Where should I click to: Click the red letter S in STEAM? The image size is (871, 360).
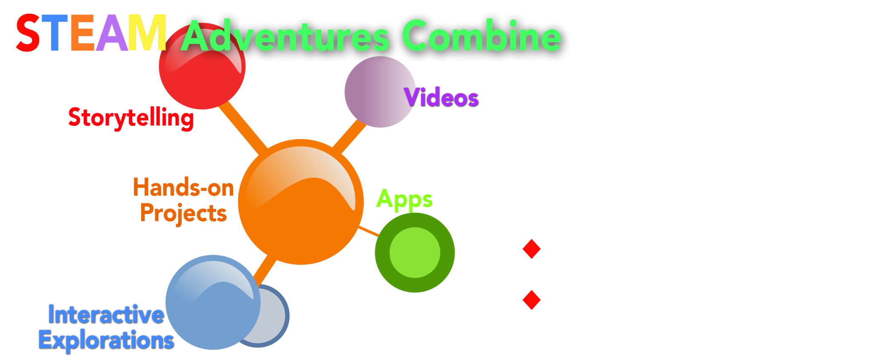point(28,33)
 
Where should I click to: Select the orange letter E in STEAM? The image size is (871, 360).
point(83,33)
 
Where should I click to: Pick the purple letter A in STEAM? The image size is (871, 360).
point(112,33)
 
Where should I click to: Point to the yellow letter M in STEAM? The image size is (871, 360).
point(147,33)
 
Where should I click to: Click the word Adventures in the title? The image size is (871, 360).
point(285,36)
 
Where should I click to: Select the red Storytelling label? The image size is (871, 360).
point(131,118)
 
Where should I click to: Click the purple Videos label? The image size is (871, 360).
point(441,97)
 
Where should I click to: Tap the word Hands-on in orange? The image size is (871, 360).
point(184,187)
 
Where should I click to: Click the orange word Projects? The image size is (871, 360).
point(184,213)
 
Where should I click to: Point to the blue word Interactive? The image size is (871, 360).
point(106,315)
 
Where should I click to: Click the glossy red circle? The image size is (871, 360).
point(202,66)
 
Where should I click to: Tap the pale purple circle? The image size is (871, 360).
point(380,92)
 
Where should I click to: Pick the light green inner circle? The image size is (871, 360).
point(415,252)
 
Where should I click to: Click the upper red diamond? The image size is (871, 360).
point(532,249)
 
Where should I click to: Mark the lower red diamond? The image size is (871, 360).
point(532,300)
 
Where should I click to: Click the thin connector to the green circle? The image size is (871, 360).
point(369,231)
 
